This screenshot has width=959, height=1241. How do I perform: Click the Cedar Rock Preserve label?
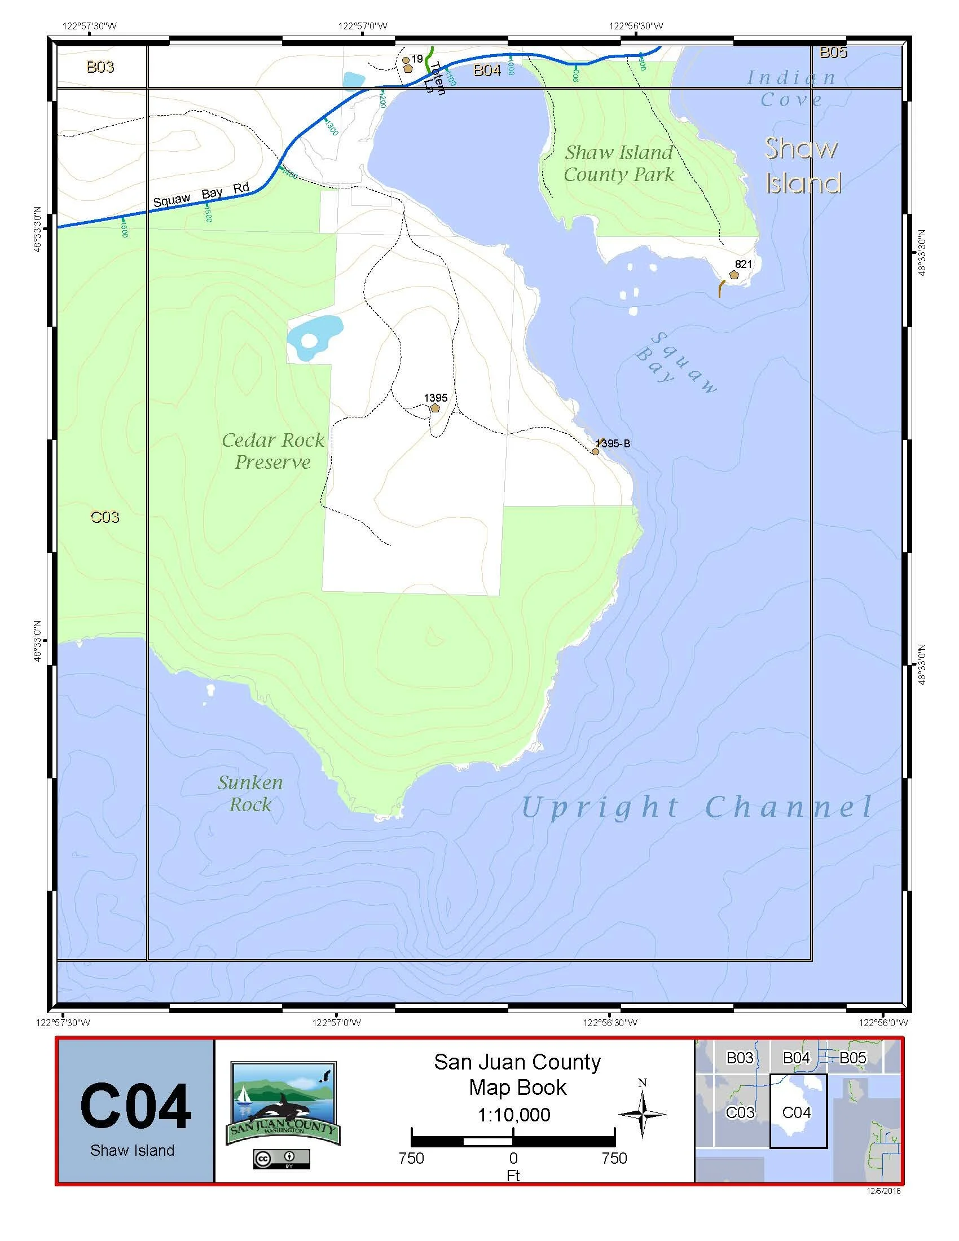pos(272,451)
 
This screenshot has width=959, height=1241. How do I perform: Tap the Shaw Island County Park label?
pos(619,164)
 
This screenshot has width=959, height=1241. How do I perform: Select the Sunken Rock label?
pos(250,793)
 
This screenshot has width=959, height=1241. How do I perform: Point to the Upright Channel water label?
pos(697,807)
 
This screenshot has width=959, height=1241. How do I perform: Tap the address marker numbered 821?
pos(734,275)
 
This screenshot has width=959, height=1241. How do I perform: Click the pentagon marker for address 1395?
pos(435,408)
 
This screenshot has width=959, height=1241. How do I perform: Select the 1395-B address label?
pos(614,444)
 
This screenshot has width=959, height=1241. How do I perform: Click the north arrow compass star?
pos(642,1114)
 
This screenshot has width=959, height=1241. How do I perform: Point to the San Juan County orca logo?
pos(283,1104)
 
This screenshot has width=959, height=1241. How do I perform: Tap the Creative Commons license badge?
pos(282,1159)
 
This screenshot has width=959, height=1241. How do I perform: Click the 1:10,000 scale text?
pos(513,1115)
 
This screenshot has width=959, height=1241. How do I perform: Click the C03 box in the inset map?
pos(740,1112)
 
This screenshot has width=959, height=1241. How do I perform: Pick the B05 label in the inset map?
pos(852,1058)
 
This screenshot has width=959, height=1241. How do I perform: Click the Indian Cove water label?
pos(791,89)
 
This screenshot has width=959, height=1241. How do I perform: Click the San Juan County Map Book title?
pos(517,1074)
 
